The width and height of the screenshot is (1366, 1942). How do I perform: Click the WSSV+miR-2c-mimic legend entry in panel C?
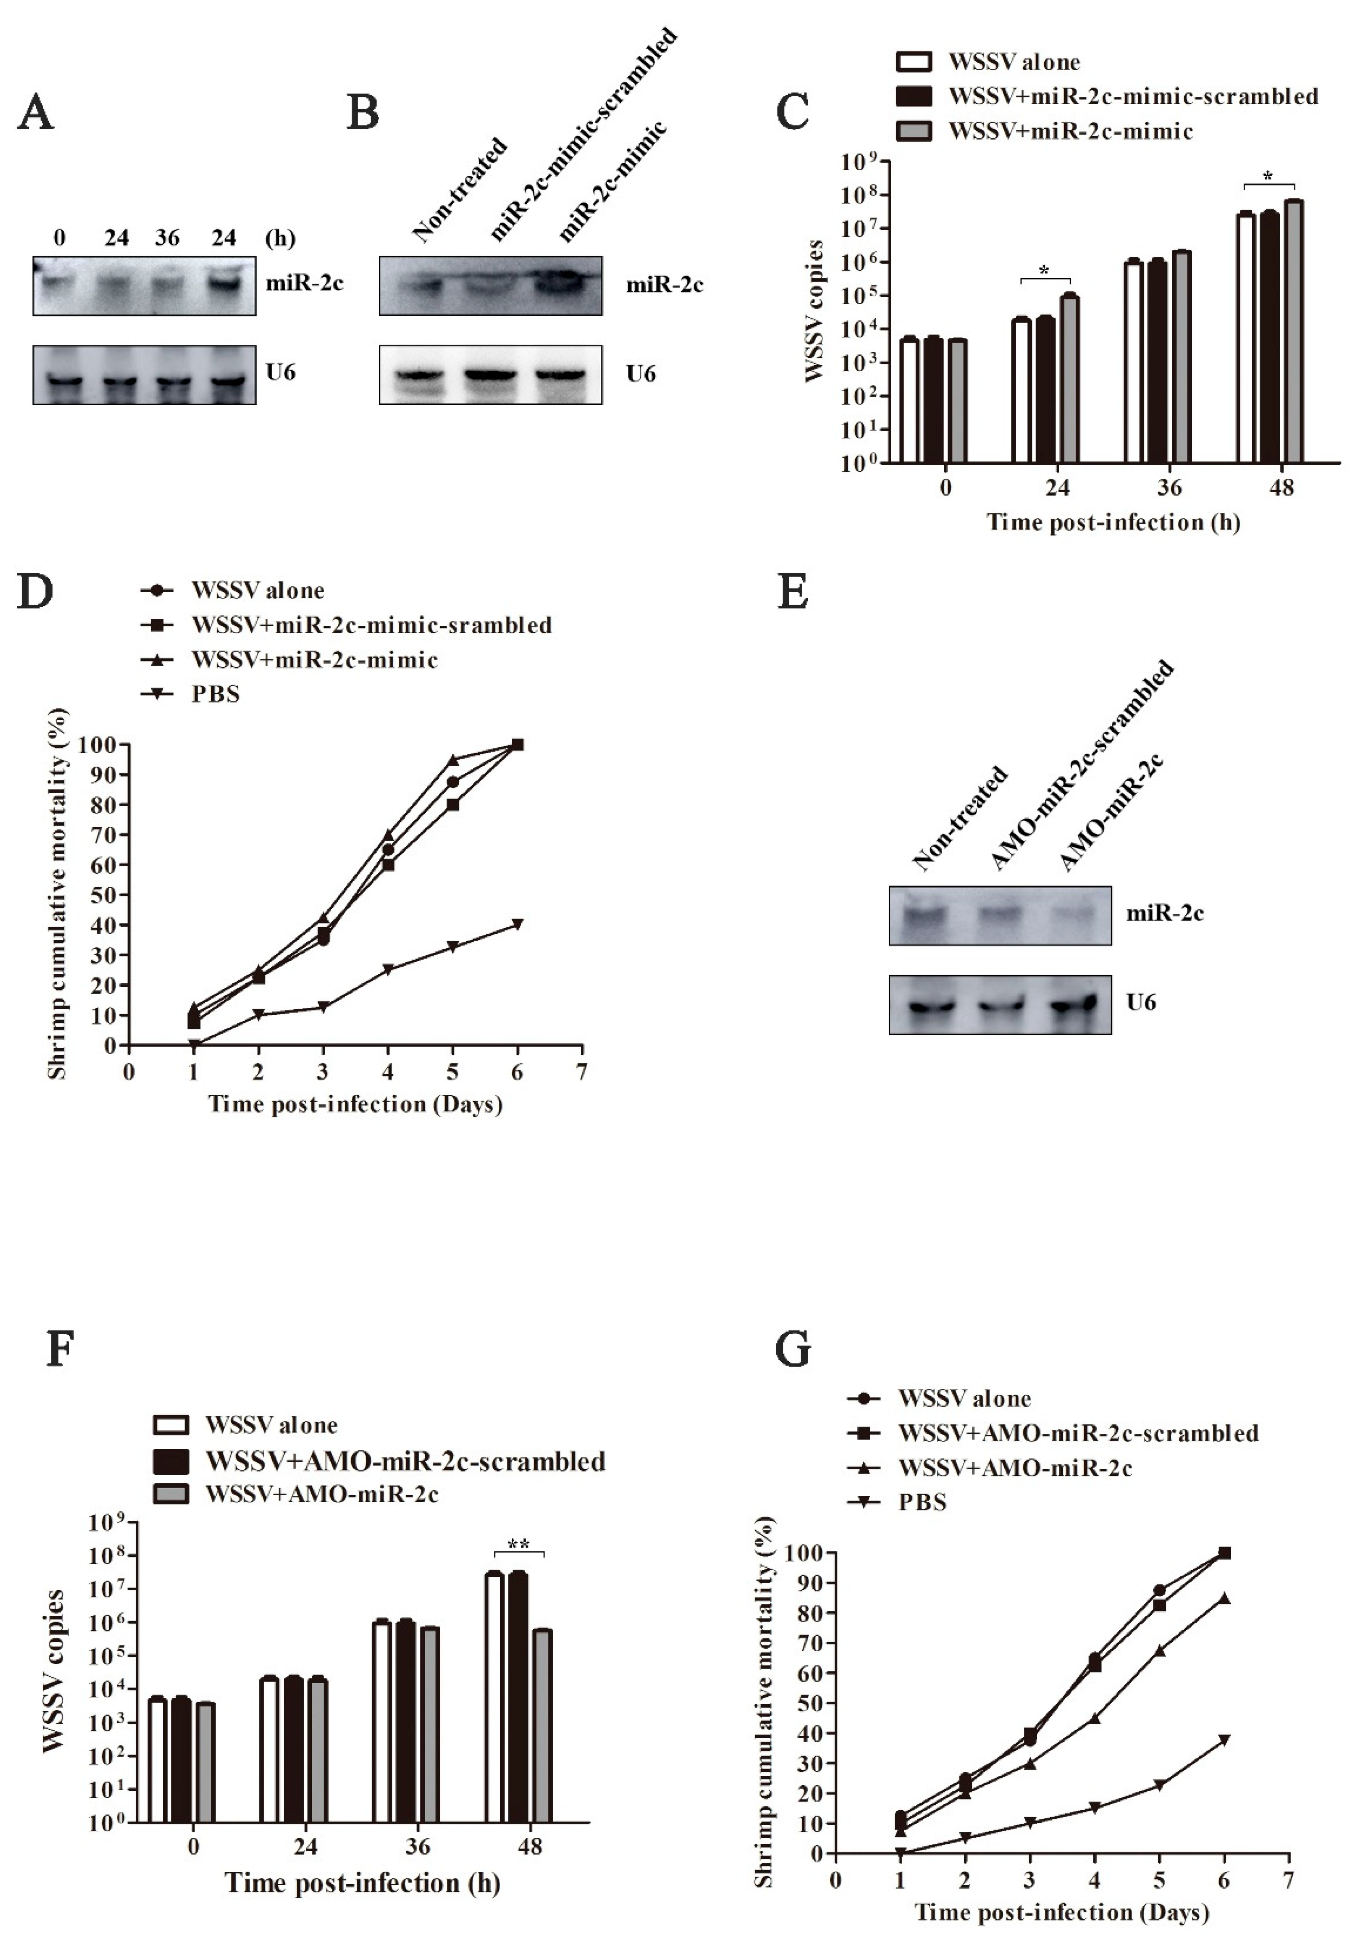[1070, 131]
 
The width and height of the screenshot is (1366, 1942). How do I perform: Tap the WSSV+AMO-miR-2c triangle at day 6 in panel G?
[1224, 1598]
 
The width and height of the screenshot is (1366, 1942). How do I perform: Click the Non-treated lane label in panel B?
[459, 190]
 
